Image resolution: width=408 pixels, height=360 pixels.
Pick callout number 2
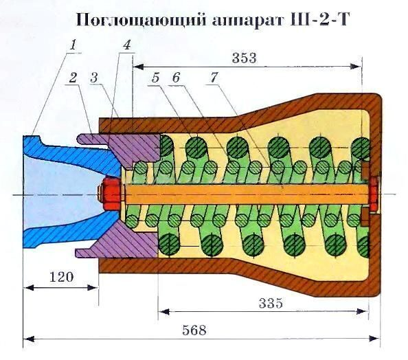[72, 78]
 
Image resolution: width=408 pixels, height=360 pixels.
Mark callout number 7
[214, 78]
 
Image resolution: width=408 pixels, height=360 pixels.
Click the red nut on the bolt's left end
[111, 194]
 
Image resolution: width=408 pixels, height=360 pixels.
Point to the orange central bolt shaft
[240, 194]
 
